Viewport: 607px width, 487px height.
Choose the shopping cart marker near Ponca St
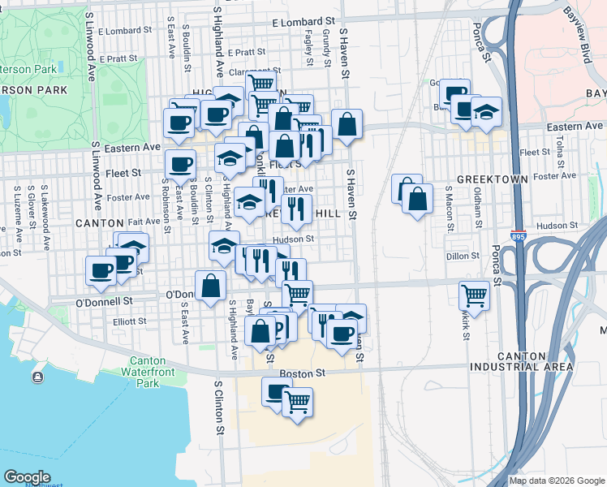point(474,295)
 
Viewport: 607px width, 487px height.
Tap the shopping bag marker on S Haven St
point(347,124)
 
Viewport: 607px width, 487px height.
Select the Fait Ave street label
point(144,221)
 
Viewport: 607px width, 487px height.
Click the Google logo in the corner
point(27,476)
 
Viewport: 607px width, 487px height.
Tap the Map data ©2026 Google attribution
point(557,481)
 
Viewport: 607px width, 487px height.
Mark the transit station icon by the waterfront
point(37,377)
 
